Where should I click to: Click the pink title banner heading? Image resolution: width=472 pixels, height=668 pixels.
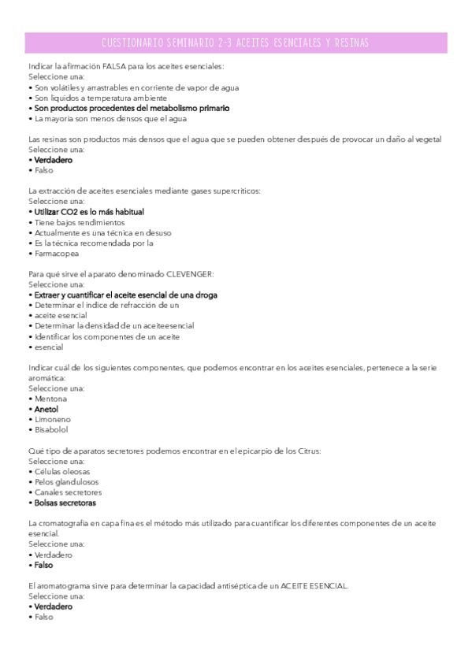[x=236, y=43]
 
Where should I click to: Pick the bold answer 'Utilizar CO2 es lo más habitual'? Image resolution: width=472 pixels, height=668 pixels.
[x=89, y=212]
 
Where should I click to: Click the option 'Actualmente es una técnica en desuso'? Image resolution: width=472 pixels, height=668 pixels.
[x=102, y=232]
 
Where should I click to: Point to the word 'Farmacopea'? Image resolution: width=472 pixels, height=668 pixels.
[x=57, y=254]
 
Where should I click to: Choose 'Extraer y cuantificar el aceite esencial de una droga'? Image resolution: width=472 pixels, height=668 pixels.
[x=126, y=295]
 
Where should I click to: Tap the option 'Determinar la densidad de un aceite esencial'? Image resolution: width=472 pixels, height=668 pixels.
[x=114, y=325]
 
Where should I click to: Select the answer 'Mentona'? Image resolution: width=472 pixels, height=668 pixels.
[x=51, y=399]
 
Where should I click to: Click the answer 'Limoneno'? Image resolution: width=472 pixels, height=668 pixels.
[x=53, y=419]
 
